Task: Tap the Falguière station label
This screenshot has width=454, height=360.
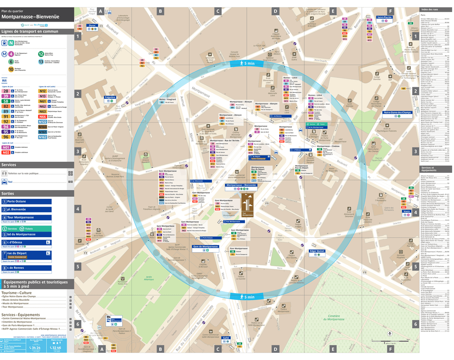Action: (110, 97)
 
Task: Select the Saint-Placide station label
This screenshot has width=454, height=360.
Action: (385, 17)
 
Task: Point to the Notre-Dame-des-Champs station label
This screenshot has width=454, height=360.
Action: (397, 113)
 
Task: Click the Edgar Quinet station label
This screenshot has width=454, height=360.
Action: (317, 251)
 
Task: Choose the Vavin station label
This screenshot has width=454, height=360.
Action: (406, 211)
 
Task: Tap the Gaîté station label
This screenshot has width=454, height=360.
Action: (226, 338)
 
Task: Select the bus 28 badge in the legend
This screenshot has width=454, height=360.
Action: (6, 90)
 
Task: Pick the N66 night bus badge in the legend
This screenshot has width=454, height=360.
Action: (43, 116)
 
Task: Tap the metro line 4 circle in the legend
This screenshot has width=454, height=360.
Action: (11, 54)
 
